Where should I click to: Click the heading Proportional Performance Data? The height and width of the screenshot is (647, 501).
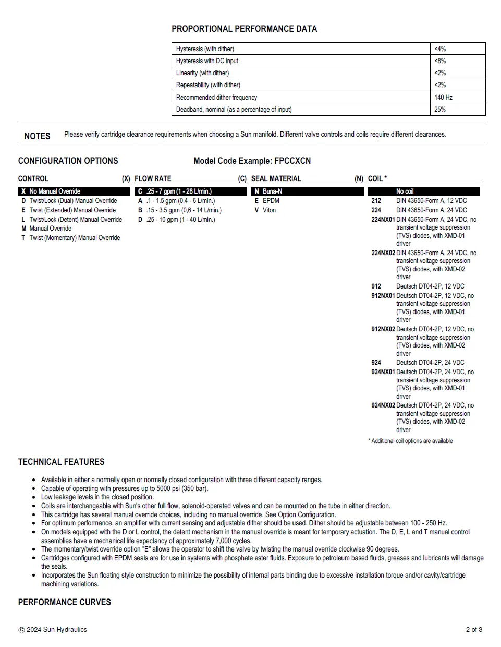(244, 29)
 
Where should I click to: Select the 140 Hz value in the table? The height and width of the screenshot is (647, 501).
(443, 98)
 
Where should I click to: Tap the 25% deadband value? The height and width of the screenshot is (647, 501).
(440, 110)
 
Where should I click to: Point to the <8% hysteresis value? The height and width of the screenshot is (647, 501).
(440, 61)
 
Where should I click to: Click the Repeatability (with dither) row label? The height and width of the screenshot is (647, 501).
(208, 85)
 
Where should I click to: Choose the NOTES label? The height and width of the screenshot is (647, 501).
(37, 136)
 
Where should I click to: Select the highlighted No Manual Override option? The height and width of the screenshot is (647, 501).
(55, 191)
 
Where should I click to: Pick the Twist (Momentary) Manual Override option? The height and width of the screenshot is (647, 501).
(75, 238)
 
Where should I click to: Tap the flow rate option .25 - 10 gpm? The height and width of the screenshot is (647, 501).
(180, 220)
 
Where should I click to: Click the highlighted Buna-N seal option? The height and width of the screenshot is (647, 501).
(272, 191)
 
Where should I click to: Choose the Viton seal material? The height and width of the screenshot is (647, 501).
(269, 210)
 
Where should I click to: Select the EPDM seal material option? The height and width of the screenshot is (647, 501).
(271, 201)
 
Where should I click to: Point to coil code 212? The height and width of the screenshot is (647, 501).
(376, 201)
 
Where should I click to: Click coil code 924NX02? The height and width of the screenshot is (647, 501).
(383, 405)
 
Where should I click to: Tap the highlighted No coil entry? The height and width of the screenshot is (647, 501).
(405, 191)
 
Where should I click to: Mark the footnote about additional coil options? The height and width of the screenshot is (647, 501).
(410, 441)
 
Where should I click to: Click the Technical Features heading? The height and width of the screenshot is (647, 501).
(61, 462)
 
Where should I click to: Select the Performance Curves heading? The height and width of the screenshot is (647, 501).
(64, 602)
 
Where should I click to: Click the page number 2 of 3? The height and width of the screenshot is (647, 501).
(474, 630)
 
